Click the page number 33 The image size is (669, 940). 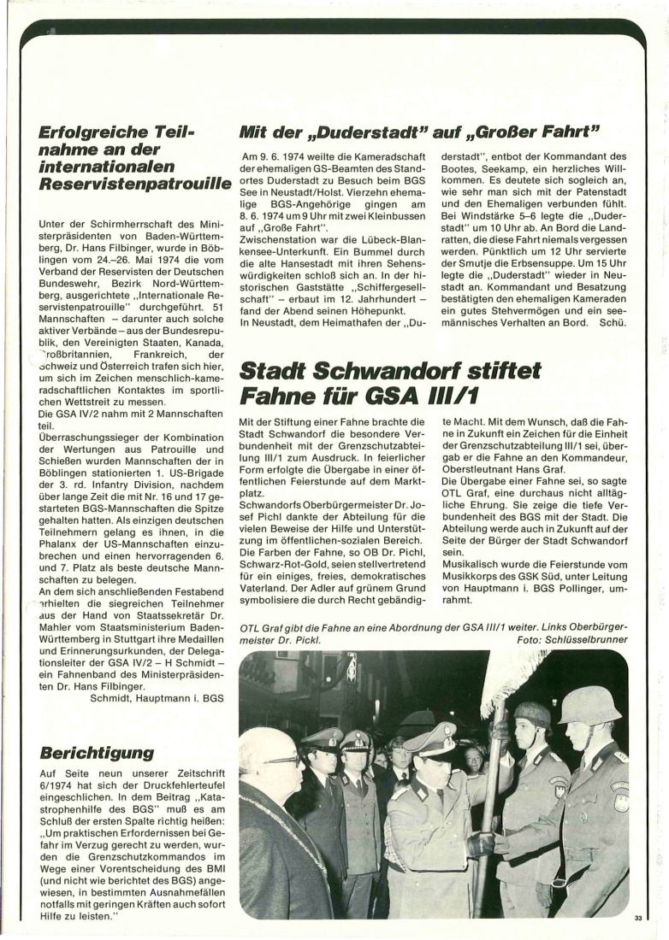(x=637, y=918)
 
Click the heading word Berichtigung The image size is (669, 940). (x=96, y=753)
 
